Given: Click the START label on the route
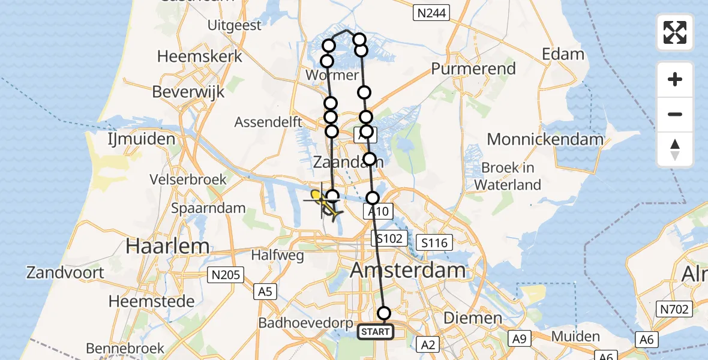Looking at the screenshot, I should pos(376,331).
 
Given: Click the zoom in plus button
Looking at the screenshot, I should pos(675,79).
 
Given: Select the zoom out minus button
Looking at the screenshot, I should pos(675,114).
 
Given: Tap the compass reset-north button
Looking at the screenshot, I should pos(675,149).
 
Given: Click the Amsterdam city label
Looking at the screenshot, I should pos(407,270).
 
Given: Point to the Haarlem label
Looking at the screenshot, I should pos(167,245).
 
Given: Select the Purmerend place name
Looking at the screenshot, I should pos(473,68).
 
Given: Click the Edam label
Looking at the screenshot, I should pos(563,54).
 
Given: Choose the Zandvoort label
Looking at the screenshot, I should pos(65,272).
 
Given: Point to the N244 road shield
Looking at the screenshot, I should pos(432,13).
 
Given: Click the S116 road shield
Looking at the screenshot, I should pos(435,242).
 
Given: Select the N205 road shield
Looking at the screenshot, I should pos(226,275).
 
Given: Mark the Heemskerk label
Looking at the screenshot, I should pos(200,56).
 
